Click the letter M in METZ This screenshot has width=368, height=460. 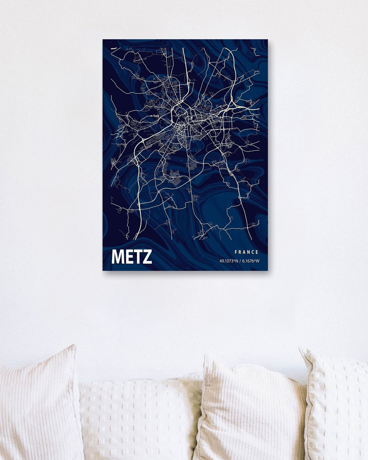pyautogui.click(x=117, y=257)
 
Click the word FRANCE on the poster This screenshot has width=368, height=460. pyautogui.click(x=246, y=252)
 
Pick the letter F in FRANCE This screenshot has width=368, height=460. pyautogui.click(x=236, y=252)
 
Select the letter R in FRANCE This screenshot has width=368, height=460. pyautogui.click(x=240, y=252)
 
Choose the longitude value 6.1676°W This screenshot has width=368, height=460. pyautogui.click(x=251, y=261)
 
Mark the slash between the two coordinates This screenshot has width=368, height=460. pyautogui.click(x=240, y=261)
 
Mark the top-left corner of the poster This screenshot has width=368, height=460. pyautogui.click(x=103, y=40)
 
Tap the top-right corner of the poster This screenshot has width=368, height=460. pyautogui.click(x=268, y=40)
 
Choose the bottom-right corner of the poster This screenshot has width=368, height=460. pyautogui.click(x=268, y=270)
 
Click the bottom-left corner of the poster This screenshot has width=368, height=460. pyautogui.click(x=103, y=270)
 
